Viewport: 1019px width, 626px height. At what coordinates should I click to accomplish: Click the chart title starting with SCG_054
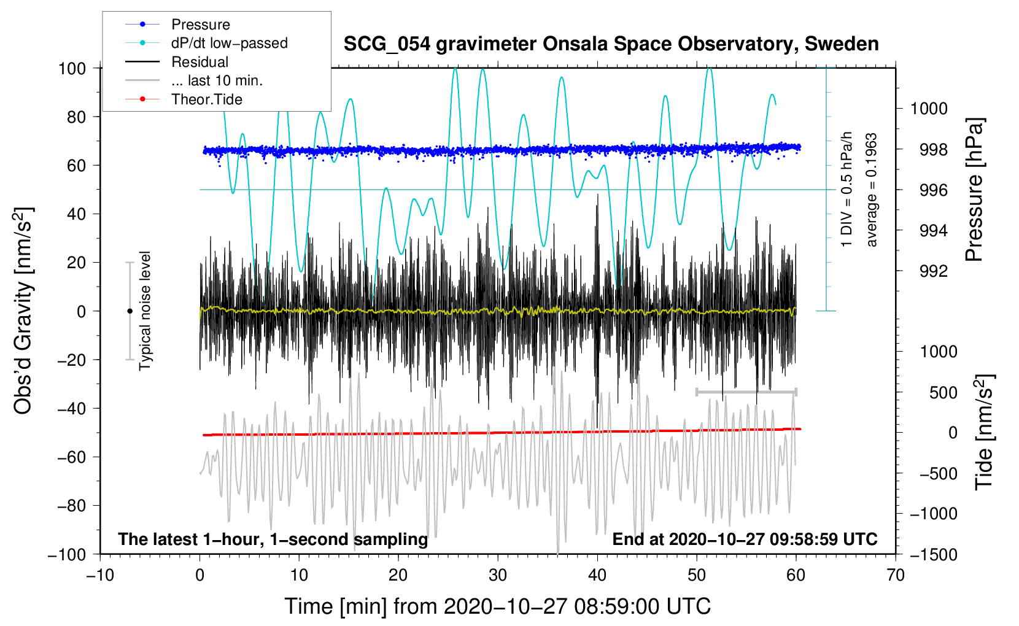pyautogui.click(x=611, y=44)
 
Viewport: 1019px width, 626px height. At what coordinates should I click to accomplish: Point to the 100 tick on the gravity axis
pyautogui.click(x=72, y=69)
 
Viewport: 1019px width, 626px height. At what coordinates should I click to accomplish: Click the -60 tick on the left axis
pyautogui.click(x=71, y=457)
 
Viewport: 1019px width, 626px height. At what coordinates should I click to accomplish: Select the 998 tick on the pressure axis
pyautogui.click(x=934, y=149)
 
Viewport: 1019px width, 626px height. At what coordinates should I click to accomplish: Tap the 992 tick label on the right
pyautogui.click(x=934, y=271)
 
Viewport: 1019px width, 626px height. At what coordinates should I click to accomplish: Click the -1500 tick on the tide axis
pyautogui.click(x=934, y=555)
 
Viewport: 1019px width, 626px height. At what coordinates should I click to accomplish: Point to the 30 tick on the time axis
pyautogui.click(x=498, y=575)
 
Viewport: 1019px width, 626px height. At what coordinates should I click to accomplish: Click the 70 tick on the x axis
pyautogui.click(x=895, y=575)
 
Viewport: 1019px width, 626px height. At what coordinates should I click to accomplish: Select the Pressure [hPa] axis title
pyautogui.click(x=975, y=190)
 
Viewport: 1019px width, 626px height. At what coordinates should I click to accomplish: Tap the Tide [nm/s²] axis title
pyautogui.click(x=985, y=432)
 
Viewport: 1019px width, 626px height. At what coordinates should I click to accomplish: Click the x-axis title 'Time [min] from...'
pyautogui.click(x=498, y=606)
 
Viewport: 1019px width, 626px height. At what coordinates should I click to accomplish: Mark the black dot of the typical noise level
pyautogui.click(x=130, y=311)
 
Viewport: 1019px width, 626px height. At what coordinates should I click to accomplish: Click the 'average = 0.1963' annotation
pyautogui.click(x=871, y=190)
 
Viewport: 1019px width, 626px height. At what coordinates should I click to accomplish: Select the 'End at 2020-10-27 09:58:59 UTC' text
pyautogui.click(x=745, y=539)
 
